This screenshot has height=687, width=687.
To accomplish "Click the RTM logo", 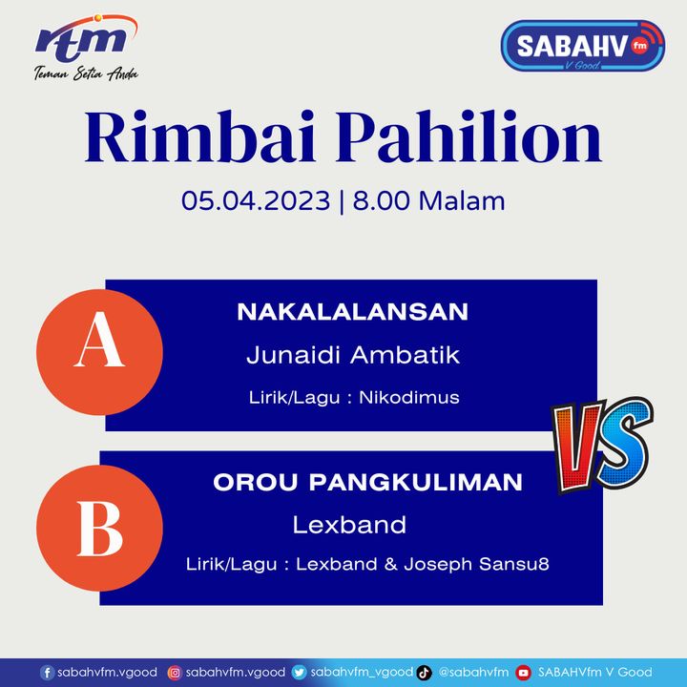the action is point(86,48).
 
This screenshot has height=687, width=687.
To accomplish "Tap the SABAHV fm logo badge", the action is point(583,46).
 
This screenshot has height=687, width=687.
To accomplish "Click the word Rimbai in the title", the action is point(199,136).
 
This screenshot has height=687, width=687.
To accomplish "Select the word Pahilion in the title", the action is point(468,136).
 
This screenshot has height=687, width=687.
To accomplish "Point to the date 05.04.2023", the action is point(256,200).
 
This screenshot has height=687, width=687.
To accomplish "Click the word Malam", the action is point(462,200).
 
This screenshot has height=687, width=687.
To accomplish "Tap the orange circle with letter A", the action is point(99,352).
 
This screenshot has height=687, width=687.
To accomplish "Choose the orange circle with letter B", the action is point(99,528).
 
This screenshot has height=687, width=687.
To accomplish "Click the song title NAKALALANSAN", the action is point(353,312).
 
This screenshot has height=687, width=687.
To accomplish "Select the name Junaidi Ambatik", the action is point(353,354).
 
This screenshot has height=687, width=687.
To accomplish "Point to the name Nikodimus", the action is point(409,397).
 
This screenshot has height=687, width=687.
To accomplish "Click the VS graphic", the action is point(602,445).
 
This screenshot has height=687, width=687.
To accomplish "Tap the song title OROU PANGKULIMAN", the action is point(368,483).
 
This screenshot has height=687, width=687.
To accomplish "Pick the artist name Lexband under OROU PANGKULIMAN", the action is point(349,525).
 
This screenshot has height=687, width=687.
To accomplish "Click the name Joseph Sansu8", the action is point(477,564).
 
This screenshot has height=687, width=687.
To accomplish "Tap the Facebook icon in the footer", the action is point(47,673).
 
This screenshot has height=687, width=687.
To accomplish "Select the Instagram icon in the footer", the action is point(175,673).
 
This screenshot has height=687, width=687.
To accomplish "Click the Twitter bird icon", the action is point(299,673).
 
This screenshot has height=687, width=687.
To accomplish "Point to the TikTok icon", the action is point(424,673).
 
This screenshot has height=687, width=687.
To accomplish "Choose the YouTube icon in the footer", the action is point(523,673).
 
